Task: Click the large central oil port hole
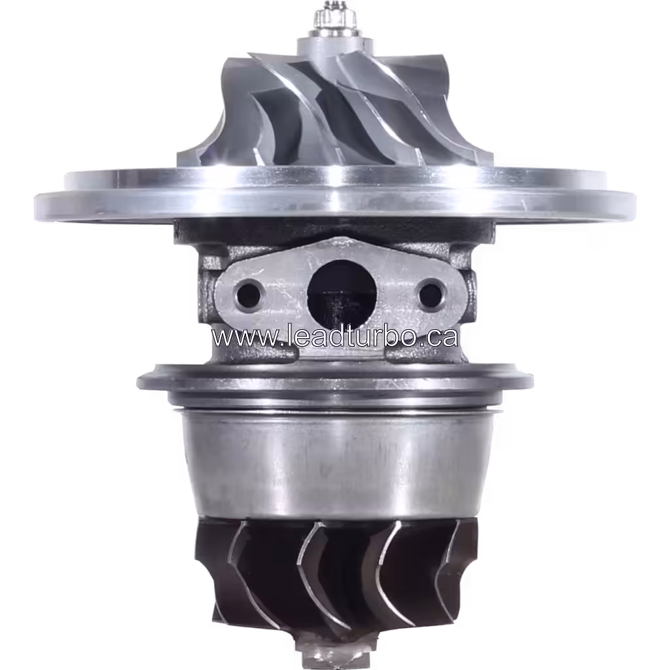[x=342, y=294]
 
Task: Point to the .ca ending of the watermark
[x=438, y=338]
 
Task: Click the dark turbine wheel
[x=334, y=576]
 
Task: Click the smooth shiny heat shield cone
[x=334, y=465]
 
